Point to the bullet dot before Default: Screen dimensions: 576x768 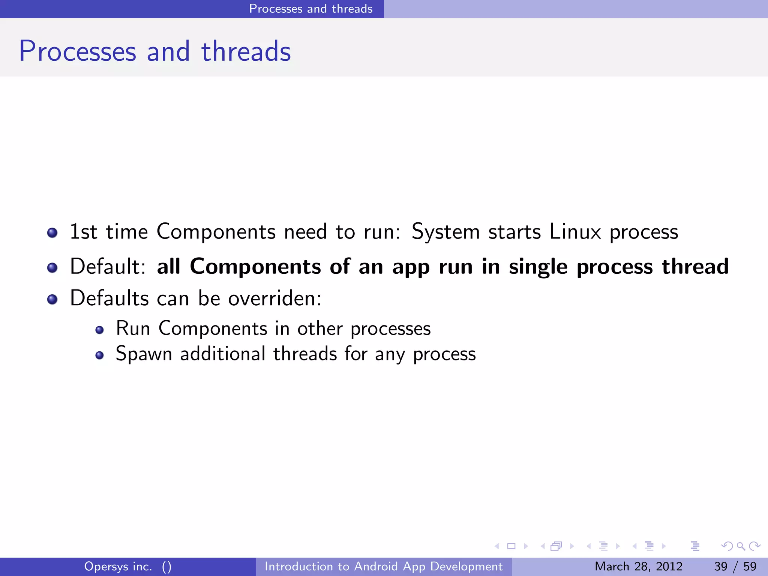tap(52, 268)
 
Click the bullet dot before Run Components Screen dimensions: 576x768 tap(99, 330)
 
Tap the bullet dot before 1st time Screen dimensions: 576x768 tap(52, 233)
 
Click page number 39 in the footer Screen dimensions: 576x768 tap(721, 566)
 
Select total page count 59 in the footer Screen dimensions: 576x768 tap(750, 566)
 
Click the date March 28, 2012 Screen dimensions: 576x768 tap(638, 566)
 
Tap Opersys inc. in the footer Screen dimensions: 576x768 tap(118, 566)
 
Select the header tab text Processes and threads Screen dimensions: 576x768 tap(311, 9)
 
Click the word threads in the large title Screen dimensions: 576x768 tap(246, 51)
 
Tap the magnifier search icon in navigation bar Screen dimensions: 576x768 tap(741, 546)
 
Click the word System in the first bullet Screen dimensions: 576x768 tap(445, 231)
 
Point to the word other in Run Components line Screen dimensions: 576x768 tap(320, 328)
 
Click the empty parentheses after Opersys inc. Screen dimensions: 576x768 tap(166, 567)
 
